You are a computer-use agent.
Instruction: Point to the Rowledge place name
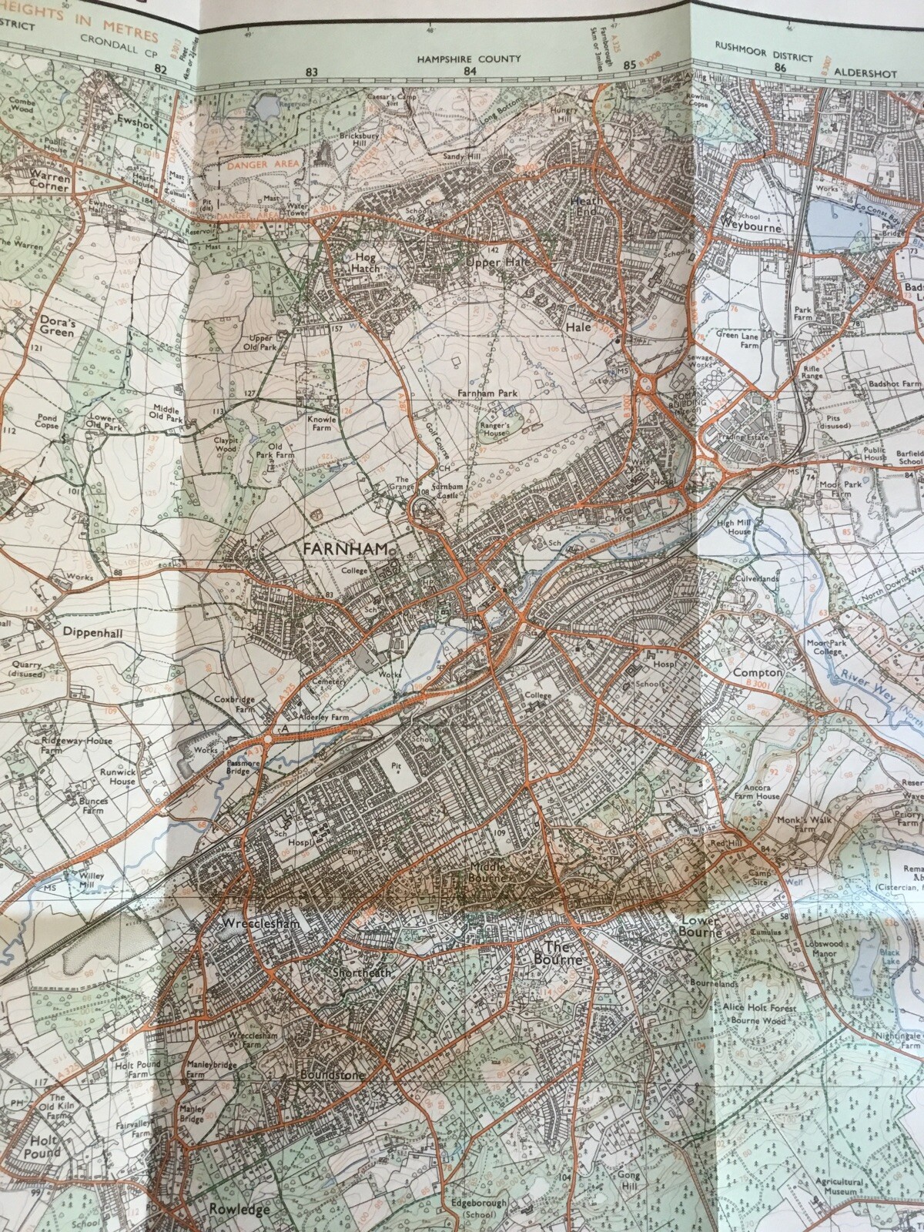coord(239,1209)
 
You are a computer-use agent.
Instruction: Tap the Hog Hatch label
coord(363,262)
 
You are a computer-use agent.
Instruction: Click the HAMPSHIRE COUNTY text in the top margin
coord(469,59)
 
